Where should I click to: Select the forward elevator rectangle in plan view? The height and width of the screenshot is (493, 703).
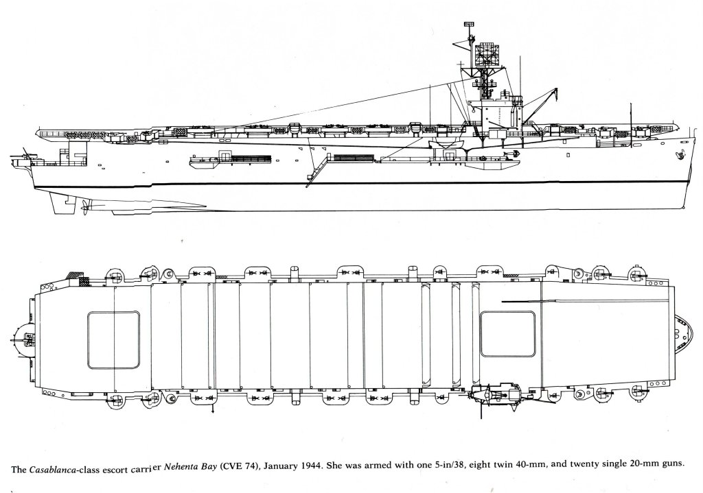tap(507, 333)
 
